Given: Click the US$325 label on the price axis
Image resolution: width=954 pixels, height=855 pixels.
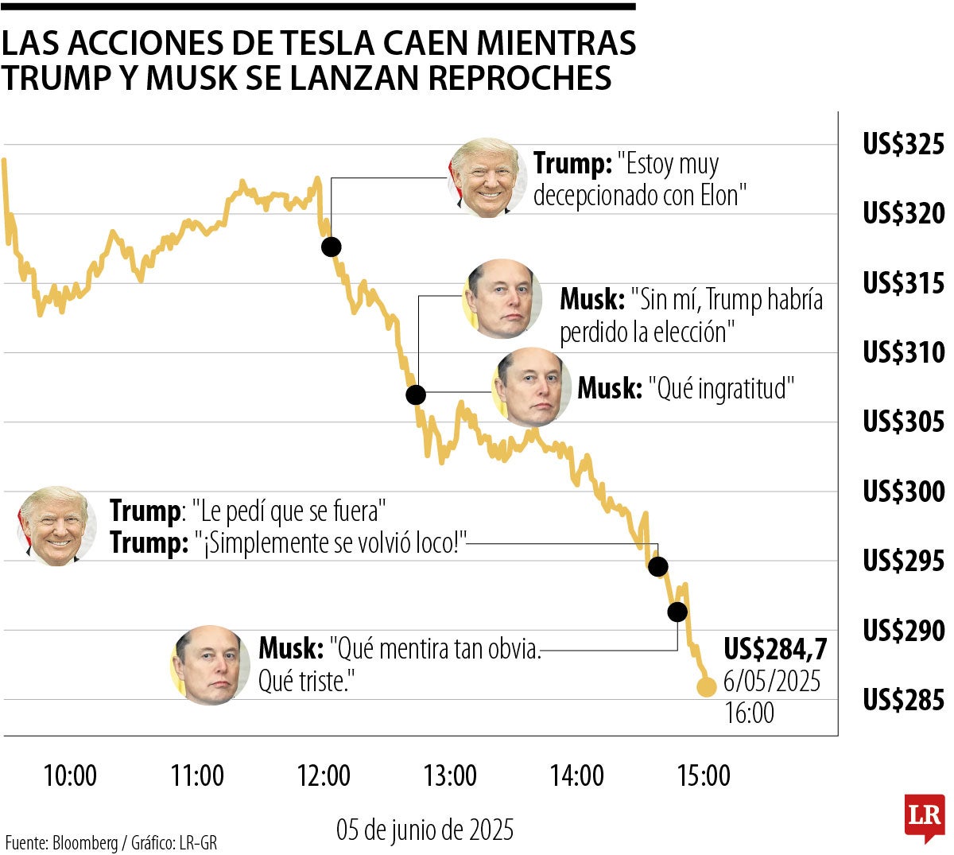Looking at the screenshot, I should [903, 145].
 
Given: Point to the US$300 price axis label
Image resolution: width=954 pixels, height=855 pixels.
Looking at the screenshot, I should [903, 491].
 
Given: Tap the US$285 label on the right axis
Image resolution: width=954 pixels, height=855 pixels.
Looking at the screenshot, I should [903, 700].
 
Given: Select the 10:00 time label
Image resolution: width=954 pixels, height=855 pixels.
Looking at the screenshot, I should [70, 775].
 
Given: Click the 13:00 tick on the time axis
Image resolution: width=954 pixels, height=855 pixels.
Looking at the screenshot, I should [450, 775].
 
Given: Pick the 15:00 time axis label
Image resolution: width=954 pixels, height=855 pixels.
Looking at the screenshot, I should [704, 775].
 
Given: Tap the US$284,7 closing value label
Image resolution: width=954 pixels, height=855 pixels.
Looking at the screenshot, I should [774, 650].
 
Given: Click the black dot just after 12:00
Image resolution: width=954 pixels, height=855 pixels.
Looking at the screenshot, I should [332, 247].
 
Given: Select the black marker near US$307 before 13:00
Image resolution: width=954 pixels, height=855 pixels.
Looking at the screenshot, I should [416, 394].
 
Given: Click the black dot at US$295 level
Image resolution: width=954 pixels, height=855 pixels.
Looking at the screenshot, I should [657, 566].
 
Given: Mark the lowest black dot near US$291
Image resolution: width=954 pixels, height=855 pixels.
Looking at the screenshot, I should [677, 611].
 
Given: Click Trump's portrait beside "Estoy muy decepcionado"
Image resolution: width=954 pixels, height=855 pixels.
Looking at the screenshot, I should [487, 178].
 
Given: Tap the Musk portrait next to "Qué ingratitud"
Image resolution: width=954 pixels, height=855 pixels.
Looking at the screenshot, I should [531, 387].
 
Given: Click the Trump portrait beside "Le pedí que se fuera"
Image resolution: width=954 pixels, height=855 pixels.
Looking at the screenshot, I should [56, 526].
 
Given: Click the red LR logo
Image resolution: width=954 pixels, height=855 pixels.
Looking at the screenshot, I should [924, 817].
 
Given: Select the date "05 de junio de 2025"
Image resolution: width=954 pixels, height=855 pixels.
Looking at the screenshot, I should [425, 830].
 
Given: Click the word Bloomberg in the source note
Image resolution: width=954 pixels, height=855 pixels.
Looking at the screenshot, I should [85, 842].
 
